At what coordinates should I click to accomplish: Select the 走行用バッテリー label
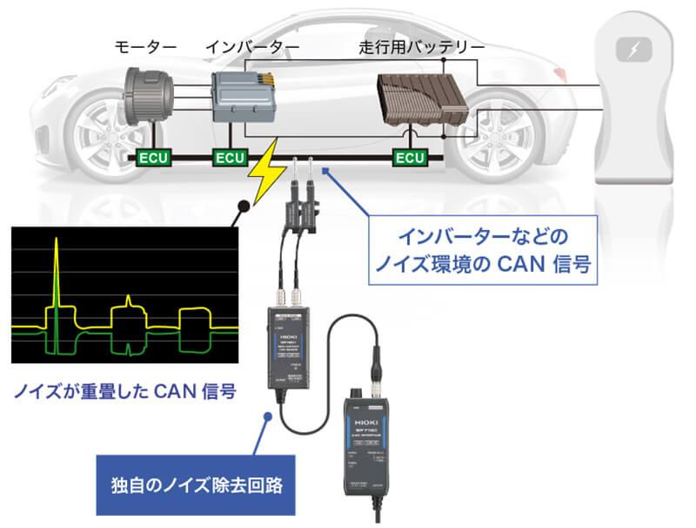coord(421,44)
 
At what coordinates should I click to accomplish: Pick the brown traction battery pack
coord(417,105)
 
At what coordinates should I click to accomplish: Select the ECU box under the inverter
coord(231,158)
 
